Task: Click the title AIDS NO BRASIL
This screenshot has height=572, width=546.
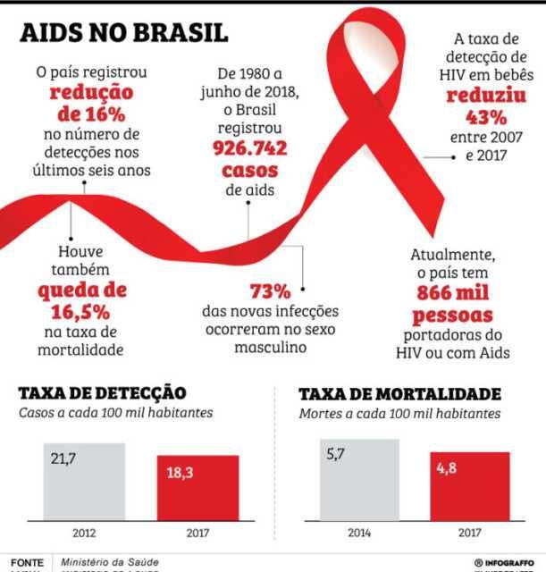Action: click(125, 32)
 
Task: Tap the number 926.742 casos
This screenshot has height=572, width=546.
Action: click(245, 158)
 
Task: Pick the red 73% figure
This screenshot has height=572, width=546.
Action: click(270, 291)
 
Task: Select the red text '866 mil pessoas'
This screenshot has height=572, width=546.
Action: click(452, 305)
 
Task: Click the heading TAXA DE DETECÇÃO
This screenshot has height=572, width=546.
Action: click(102, 393)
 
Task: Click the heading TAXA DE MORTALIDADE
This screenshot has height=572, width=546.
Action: click(399, 394)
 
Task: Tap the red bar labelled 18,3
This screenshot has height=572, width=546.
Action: click(197, 487)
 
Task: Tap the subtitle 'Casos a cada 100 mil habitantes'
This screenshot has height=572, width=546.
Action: click(115, 413)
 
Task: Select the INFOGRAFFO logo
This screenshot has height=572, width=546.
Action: click(503, 562)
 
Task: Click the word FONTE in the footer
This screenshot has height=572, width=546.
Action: click(27, 562)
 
